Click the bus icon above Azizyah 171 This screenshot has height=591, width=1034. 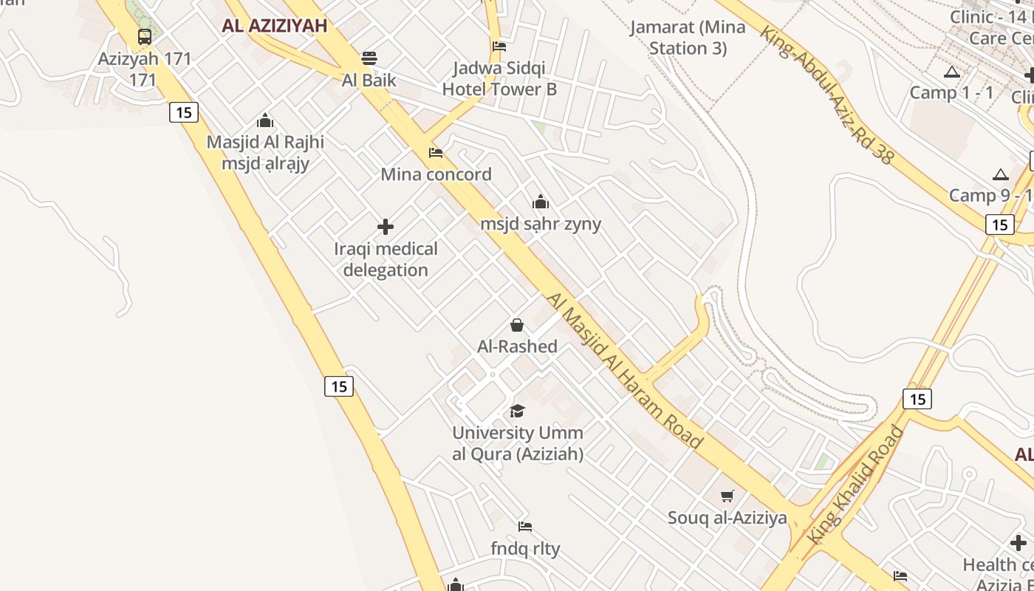145,37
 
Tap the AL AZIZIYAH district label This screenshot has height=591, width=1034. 274,26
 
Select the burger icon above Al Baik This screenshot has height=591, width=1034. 369,58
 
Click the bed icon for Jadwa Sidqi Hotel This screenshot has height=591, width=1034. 499,46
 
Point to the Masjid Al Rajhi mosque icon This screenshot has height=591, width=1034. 265,120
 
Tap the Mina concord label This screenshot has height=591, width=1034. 436,174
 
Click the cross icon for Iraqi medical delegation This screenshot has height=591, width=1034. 386,227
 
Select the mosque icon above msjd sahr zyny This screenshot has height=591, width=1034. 541,202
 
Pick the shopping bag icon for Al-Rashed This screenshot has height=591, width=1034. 517,325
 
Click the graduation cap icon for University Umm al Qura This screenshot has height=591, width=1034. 517,411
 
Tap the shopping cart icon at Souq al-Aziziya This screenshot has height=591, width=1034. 727,496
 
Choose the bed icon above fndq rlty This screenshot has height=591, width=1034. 525,527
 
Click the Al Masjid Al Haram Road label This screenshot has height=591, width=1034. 624,370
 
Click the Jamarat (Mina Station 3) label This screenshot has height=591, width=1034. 688,38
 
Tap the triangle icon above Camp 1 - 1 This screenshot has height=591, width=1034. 951,72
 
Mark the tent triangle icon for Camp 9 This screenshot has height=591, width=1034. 1001,174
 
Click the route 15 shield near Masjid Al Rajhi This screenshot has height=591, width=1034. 184,112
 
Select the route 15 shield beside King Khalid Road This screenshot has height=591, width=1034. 917,399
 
